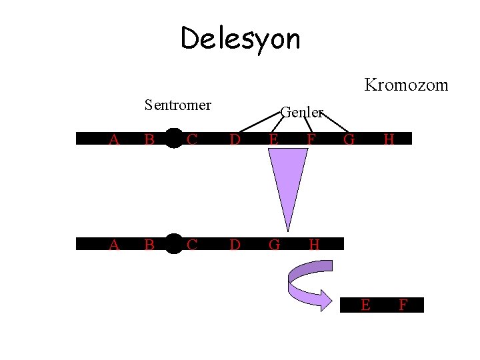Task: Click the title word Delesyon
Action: (240, 39)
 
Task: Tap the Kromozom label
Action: (405, 85)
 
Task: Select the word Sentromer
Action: (178, 105)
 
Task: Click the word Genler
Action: (301, 112)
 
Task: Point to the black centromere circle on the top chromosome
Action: (173, 137)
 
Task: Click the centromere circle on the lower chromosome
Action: (173, 244)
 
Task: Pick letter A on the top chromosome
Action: (114, 139)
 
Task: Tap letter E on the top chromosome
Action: (273, 139)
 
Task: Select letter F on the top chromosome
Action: (310, 139)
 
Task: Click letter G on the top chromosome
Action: (349, 139)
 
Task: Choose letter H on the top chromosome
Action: (389, 139)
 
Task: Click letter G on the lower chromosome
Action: (274, 245)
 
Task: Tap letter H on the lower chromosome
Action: (314, 245)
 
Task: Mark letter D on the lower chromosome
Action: (235, 245)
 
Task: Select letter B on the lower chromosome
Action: (149, 245)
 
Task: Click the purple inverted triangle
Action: (287, 180)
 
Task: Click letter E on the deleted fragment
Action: (365, 305)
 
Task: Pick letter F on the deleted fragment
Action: (403, 305)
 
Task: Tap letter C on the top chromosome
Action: (192, 139)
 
